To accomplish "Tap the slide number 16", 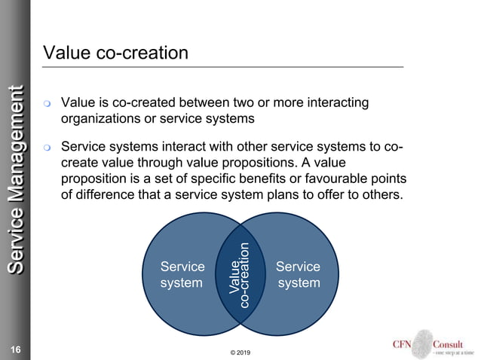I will click(x=15, y=348).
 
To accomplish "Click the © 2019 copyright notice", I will click(x=240, y=352).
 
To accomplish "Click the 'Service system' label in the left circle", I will click(x=182, y=275).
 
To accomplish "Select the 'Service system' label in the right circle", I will click(x=298, y=275).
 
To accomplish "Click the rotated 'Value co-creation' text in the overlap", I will click(x=240, y=276).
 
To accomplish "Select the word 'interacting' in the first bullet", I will click(x=332, y=102).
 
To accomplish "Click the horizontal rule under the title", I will click(x=223, y=68).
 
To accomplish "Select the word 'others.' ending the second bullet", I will click(x=383, y=196).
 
